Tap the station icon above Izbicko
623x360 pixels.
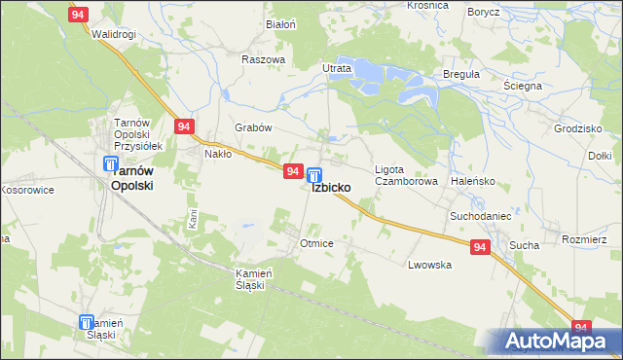point(314,175)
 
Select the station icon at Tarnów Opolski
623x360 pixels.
point(112,165)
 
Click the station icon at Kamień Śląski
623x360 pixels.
point(86,322)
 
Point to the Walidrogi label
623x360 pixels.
point(113,35)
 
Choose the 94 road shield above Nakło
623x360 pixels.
point(185,126)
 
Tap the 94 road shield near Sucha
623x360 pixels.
point(480,248)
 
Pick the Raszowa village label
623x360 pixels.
point(264,59)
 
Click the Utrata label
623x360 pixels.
point(336,69)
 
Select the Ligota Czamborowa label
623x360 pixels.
point(401,174)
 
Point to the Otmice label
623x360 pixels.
point(317,243)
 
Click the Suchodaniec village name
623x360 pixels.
point(480,214)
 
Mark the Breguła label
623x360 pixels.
point(460,75)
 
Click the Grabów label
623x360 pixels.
point(252,127)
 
